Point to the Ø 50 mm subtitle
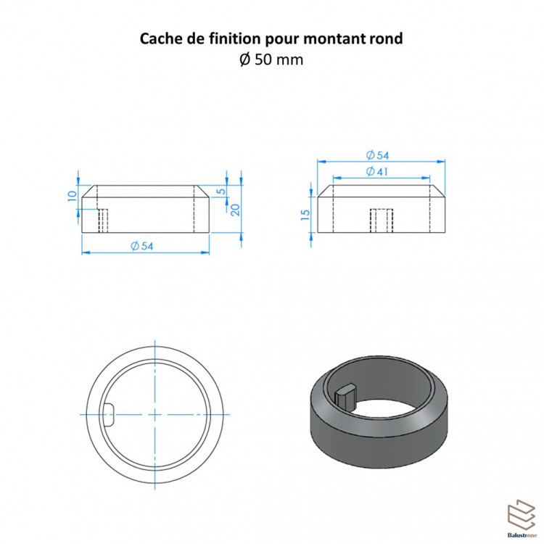271,59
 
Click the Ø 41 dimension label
377,171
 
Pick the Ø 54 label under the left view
142,246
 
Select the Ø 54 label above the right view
377,155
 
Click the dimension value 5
221,191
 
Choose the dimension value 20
235,210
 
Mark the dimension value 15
305,215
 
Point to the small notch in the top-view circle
110,415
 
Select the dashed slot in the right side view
382,221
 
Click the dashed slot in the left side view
103,221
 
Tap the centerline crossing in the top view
154,414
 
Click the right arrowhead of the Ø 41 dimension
426,178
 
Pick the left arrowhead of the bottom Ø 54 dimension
86,252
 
